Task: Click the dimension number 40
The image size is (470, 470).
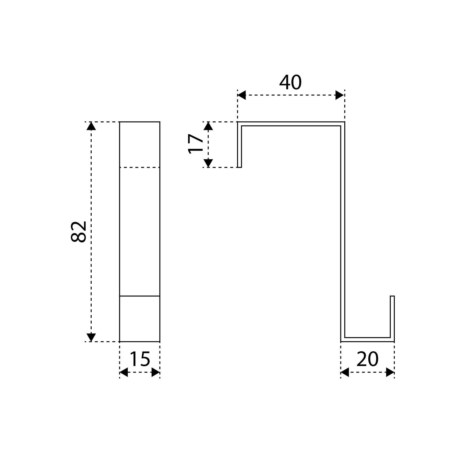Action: point(290,83)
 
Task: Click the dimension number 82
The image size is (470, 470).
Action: point(79,231)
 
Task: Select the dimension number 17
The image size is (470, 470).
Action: point(196,144)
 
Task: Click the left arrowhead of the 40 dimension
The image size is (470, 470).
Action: point(242,95)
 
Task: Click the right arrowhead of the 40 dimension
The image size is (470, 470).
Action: point(340,95)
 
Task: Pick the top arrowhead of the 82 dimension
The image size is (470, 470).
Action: point(91,126)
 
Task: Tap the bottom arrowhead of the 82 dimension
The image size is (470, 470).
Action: point(91,337)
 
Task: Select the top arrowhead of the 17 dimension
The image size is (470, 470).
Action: point(208,126)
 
